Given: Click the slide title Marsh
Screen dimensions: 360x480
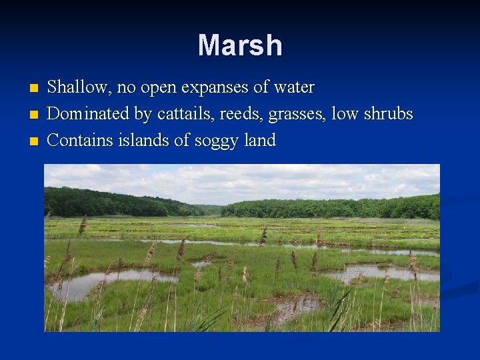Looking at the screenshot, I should coord(240,45).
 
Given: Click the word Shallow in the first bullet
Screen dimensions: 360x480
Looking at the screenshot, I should coord(75,87).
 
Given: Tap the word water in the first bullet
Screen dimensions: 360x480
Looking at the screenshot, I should coord(293,87).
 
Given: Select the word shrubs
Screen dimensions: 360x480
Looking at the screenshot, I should coord(389,114).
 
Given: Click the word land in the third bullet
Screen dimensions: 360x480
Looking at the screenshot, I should coord(260,141).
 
